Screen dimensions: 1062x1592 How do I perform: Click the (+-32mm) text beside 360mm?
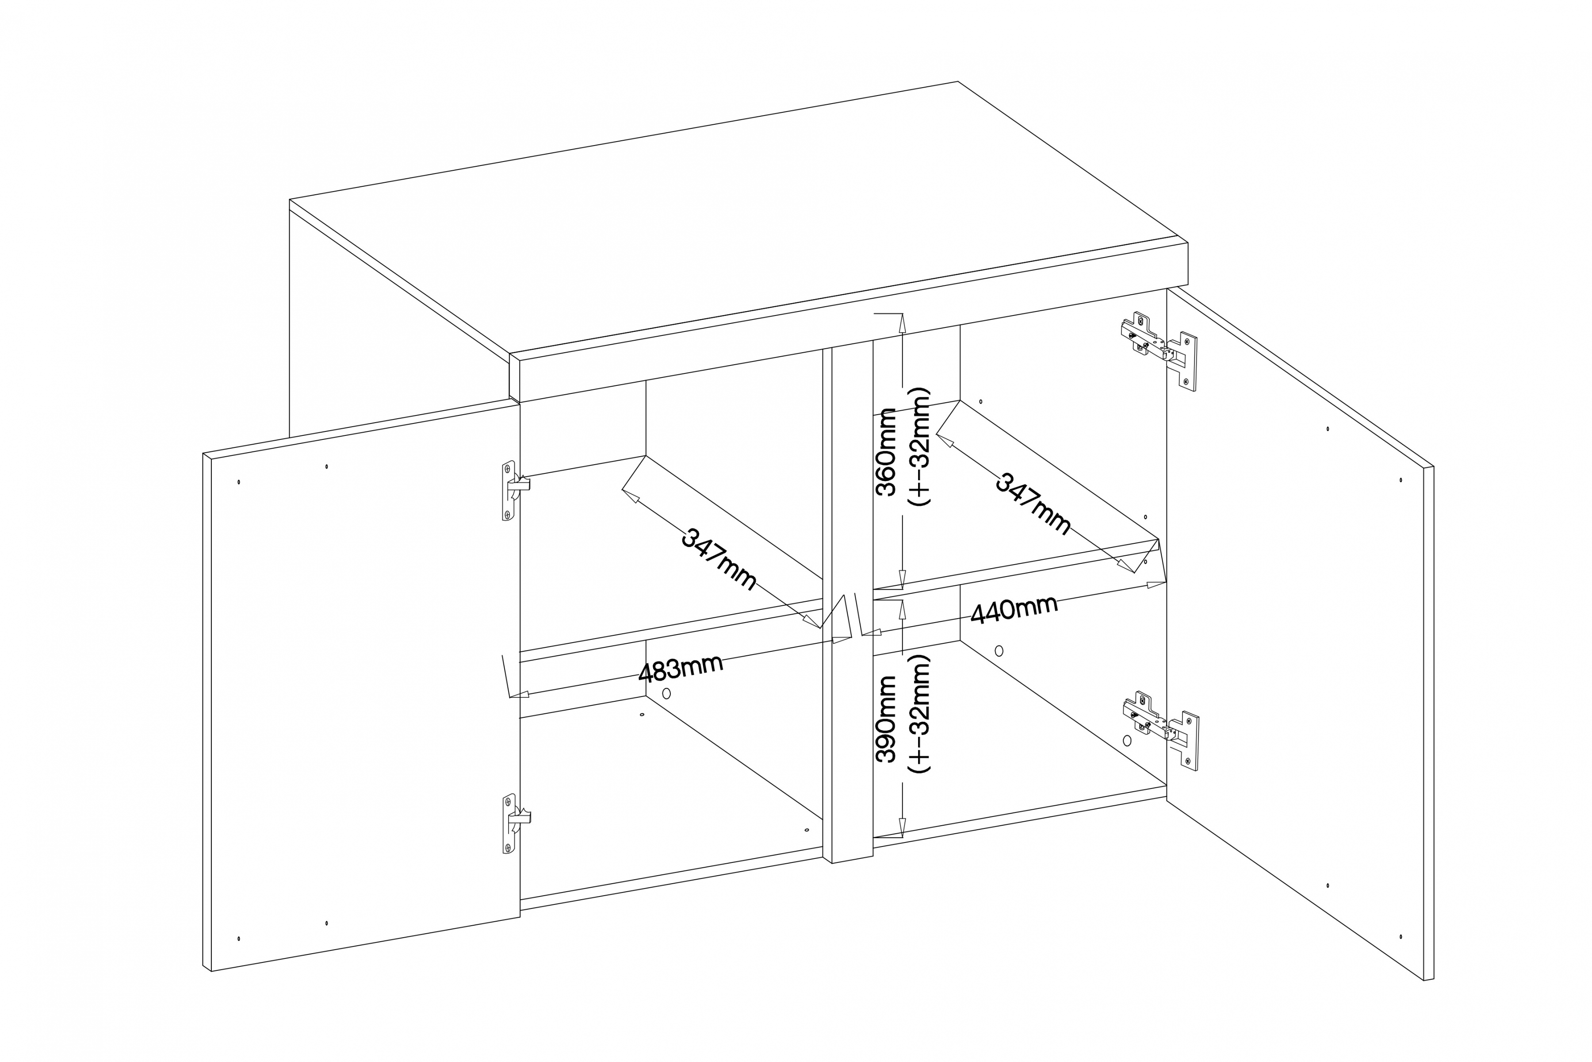click(x=919, y=447)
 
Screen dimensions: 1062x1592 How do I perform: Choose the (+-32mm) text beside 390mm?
click(x=919, y=714)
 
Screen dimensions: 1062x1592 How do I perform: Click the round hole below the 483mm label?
click(x=666, y=693)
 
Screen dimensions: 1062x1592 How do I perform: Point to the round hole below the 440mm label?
click(x=999, y=651)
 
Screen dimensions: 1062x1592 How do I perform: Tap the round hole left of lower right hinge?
click(x=1127, y=740)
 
